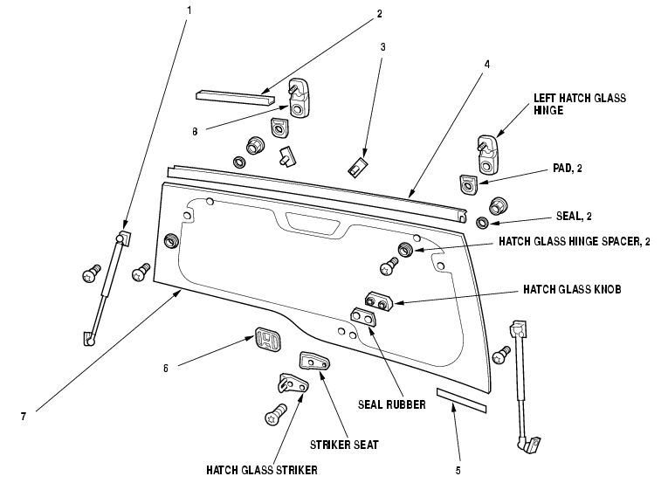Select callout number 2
[380, 14]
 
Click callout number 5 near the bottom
[457, 470]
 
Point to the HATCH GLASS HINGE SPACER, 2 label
[574, 241]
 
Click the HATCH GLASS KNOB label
[572, 287]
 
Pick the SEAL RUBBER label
[391, 404]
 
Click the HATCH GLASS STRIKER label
[261, 470]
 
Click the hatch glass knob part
[379, 301]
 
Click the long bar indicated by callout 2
[229, 93]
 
